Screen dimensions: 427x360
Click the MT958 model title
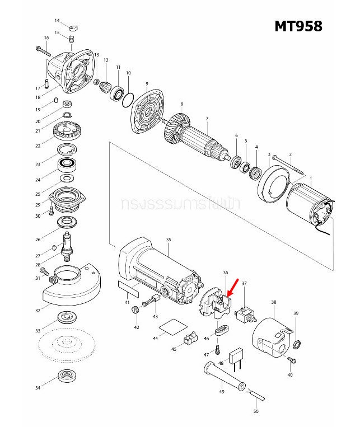click(298, 26)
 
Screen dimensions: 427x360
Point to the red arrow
click(232, 286)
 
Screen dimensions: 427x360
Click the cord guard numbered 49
click(223, 376)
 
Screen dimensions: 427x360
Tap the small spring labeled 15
click(72, 39)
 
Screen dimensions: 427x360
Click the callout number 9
click(147, 84)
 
